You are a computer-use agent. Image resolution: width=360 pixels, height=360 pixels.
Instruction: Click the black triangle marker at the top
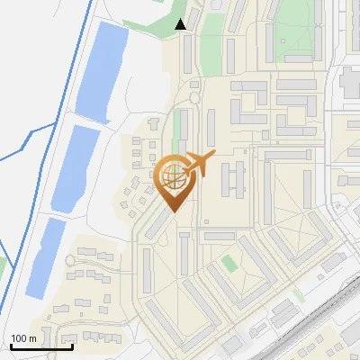181,24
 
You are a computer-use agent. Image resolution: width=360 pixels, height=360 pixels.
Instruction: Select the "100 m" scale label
24,338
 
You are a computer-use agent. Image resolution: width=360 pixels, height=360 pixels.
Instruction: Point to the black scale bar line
41,346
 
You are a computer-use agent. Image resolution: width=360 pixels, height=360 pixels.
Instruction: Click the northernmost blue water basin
99,70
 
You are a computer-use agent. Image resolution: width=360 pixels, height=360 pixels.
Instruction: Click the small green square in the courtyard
229,264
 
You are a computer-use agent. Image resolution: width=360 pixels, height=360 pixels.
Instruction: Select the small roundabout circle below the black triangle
193,98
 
